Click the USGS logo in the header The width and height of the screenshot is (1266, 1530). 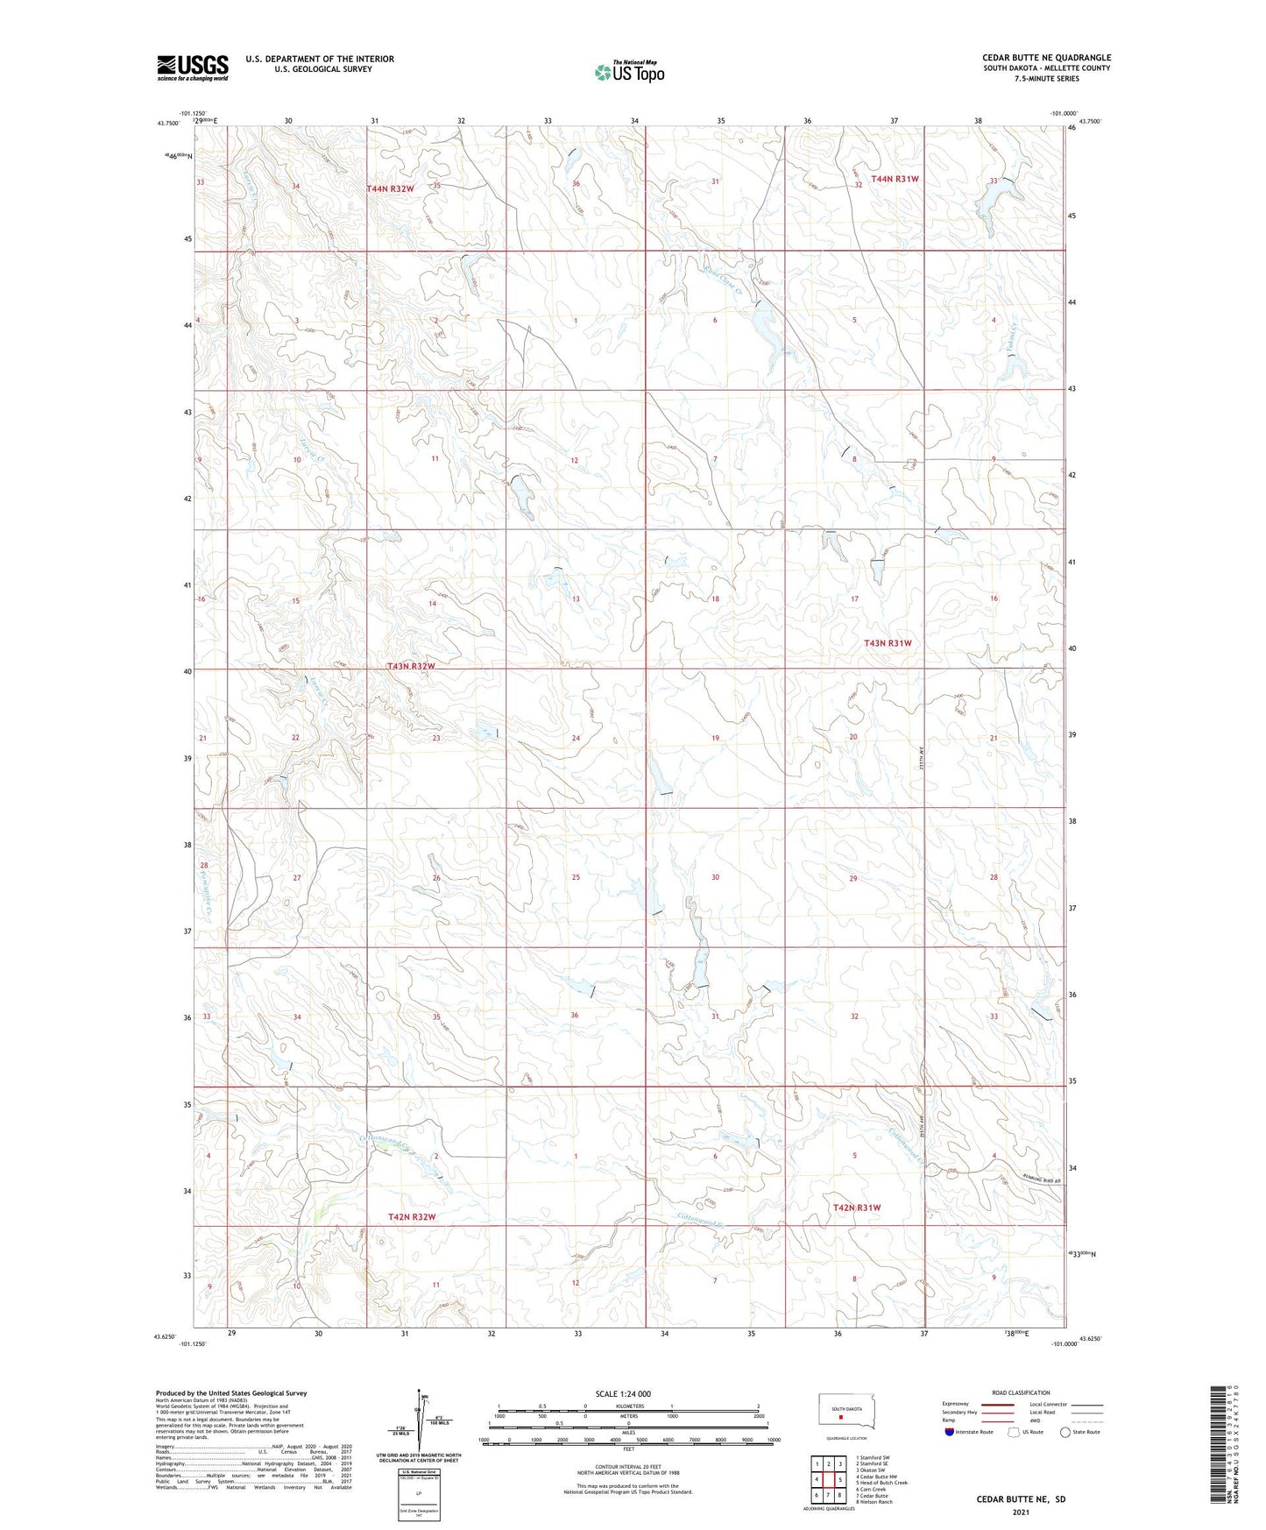click(x=193, y=67)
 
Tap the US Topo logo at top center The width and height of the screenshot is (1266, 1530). click(x=628, y=72)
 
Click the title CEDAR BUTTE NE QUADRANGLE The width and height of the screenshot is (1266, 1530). click(x=1046, y=58)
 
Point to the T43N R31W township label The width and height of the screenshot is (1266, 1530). click(x=888, y=643)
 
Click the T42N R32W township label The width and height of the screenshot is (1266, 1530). click(x=411, y=1217)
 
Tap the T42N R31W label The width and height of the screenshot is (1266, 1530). click(x=856, y=1208)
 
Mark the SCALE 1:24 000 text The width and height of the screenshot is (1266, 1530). click(x=623, y=1393)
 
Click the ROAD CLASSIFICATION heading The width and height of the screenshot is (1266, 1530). click(x=1021, y=1392)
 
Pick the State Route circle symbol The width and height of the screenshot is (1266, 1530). click(x=1064, y=1432)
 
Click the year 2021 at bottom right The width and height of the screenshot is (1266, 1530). click(x=1021, y=1512)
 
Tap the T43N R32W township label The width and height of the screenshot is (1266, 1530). click(x=411, y=667)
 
